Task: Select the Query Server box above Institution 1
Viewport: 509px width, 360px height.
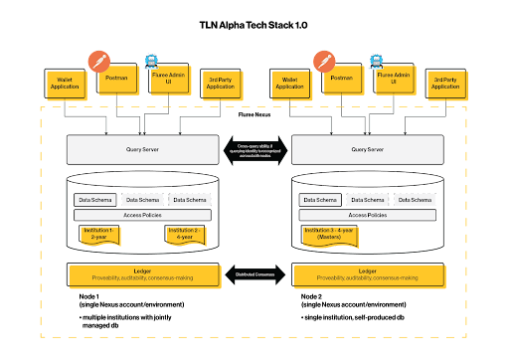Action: [142, 149]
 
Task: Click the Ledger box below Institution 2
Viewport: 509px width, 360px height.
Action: [142, 274]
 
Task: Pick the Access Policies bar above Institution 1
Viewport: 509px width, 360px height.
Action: [142, 215]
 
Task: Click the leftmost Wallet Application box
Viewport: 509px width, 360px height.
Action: [65, 84]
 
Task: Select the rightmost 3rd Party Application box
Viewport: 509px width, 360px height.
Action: [444, 84]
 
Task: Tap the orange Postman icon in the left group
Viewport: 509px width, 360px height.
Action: [97, 61]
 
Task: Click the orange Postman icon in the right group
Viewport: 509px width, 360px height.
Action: [323, 61]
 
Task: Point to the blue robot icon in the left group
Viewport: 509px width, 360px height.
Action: [151, 60]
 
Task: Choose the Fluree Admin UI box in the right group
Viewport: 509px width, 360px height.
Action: [395, 79]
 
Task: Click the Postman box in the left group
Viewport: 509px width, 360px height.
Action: [117, 78]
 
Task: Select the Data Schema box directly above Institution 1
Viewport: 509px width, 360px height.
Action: [95, 200]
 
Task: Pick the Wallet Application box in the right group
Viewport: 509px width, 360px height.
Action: [289, 84]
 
